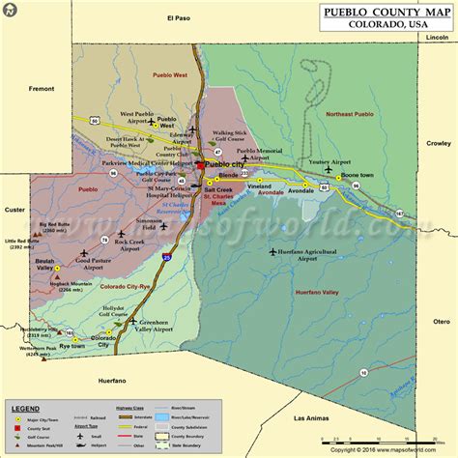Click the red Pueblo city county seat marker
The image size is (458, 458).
[200, 165]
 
